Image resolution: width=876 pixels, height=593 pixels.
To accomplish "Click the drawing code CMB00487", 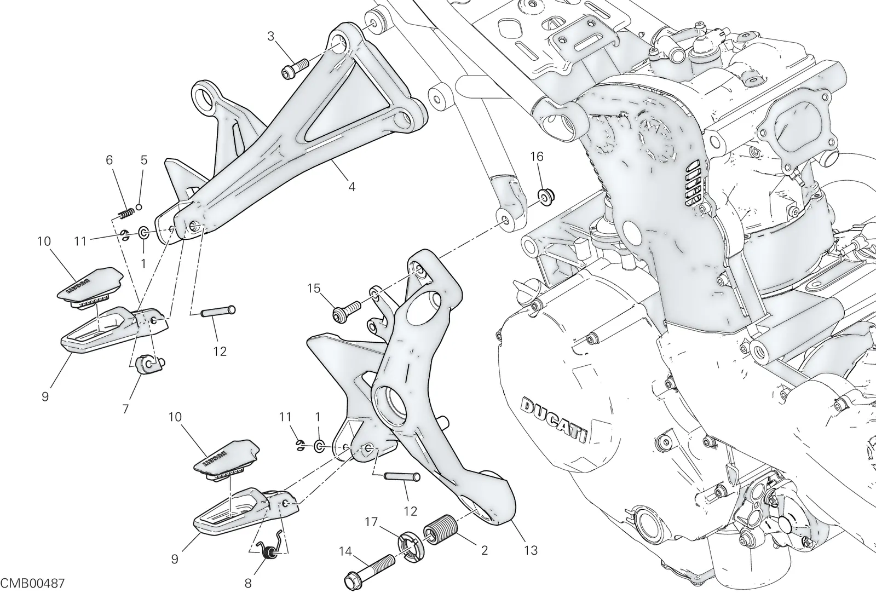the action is click(32, 584).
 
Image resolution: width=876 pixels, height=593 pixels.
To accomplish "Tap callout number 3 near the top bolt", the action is click(270, 36).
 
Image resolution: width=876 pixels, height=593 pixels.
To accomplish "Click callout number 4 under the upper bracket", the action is click(351, 187).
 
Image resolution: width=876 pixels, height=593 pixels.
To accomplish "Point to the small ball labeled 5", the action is click(139, 207).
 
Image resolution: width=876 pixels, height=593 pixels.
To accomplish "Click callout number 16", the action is click(537, 157).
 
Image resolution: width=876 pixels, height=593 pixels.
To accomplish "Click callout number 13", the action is click(531, 550).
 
